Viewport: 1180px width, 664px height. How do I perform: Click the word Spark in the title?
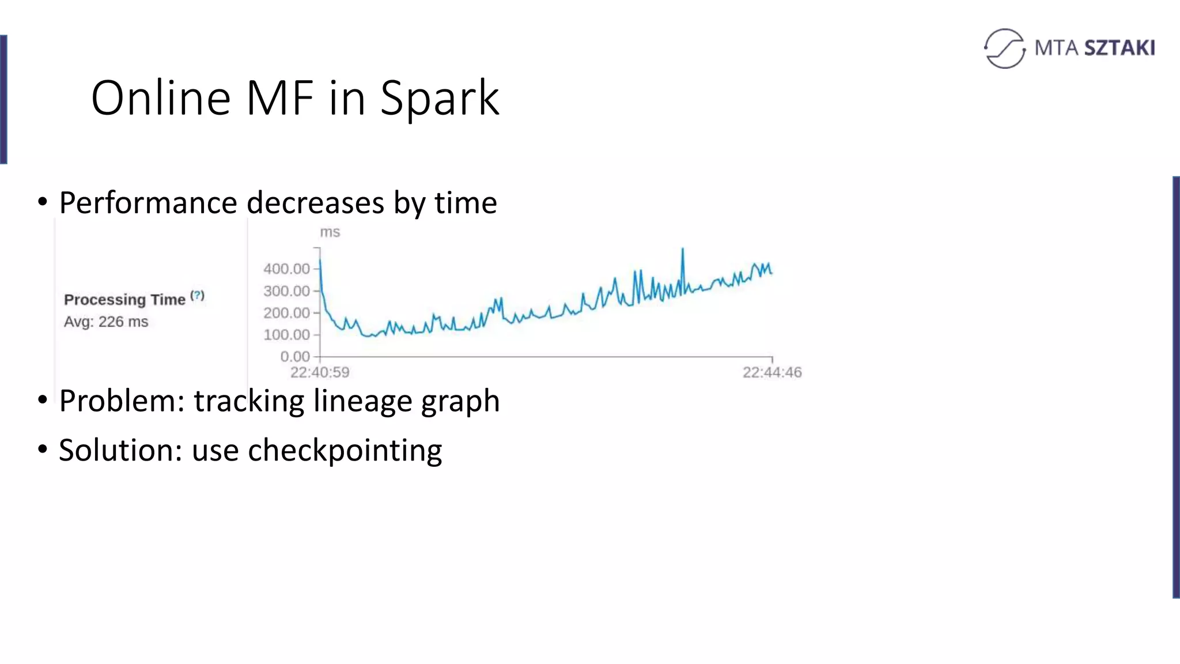[440, 98]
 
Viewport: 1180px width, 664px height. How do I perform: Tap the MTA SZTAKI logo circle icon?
[1004, 48]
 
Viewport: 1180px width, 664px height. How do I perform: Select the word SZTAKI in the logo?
[1119, 48]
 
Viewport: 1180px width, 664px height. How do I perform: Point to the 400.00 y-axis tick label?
[286, 269]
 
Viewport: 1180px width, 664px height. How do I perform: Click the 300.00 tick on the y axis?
[286, 291]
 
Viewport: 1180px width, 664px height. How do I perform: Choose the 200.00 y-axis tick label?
[286, 313]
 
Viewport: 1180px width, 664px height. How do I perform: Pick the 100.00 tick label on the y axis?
[286, 335]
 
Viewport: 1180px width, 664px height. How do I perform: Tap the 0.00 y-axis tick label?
[294, 357]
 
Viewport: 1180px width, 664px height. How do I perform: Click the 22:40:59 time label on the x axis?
[320, 372]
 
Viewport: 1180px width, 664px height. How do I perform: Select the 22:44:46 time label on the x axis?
[772, 372]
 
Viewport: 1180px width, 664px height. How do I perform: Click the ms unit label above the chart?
[330, 232]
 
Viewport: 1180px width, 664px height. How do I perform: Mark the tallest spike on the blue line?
[683, 250]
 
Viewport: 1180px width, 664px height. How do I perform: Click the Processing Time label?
[124, 300]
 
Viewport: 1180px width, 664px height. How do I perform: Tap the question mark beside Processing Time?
[198, 296]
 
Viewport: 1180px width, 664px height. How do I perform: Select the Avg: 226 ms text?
[106, 322]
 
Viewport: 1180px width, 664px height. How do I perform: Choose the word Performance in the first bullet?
[148, 203]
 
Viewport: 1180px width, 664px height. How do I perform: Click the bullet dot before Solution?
[43, 449]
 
